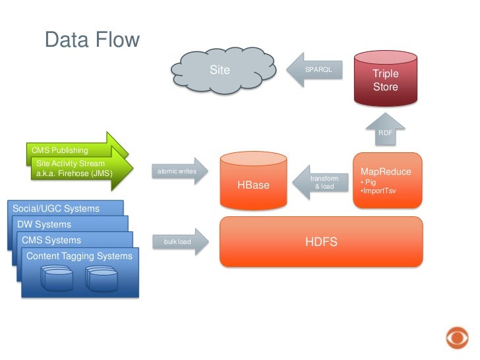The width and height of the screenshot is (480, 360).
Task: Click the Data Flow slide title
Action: [x=92, y=40]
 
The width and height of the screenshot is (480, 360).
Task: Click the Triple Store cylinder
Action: [x=386, y=79]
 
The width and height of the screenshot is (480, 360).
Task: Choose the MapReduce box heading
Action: [x=386, y=171]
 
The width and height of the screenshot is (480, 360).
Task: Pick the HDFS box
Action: [x=321, y=242]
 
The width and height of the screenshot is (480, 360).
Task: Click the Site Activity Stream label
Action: [x=70, y=163]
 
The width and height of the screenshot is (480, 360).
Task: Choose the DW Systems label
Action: [x=44, y=225]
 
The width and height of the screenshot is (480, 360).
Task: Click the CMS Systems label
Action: [x=51, y=240]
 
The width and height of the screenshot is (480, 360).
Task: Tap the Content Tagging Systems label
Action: [x=79, y=256]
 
